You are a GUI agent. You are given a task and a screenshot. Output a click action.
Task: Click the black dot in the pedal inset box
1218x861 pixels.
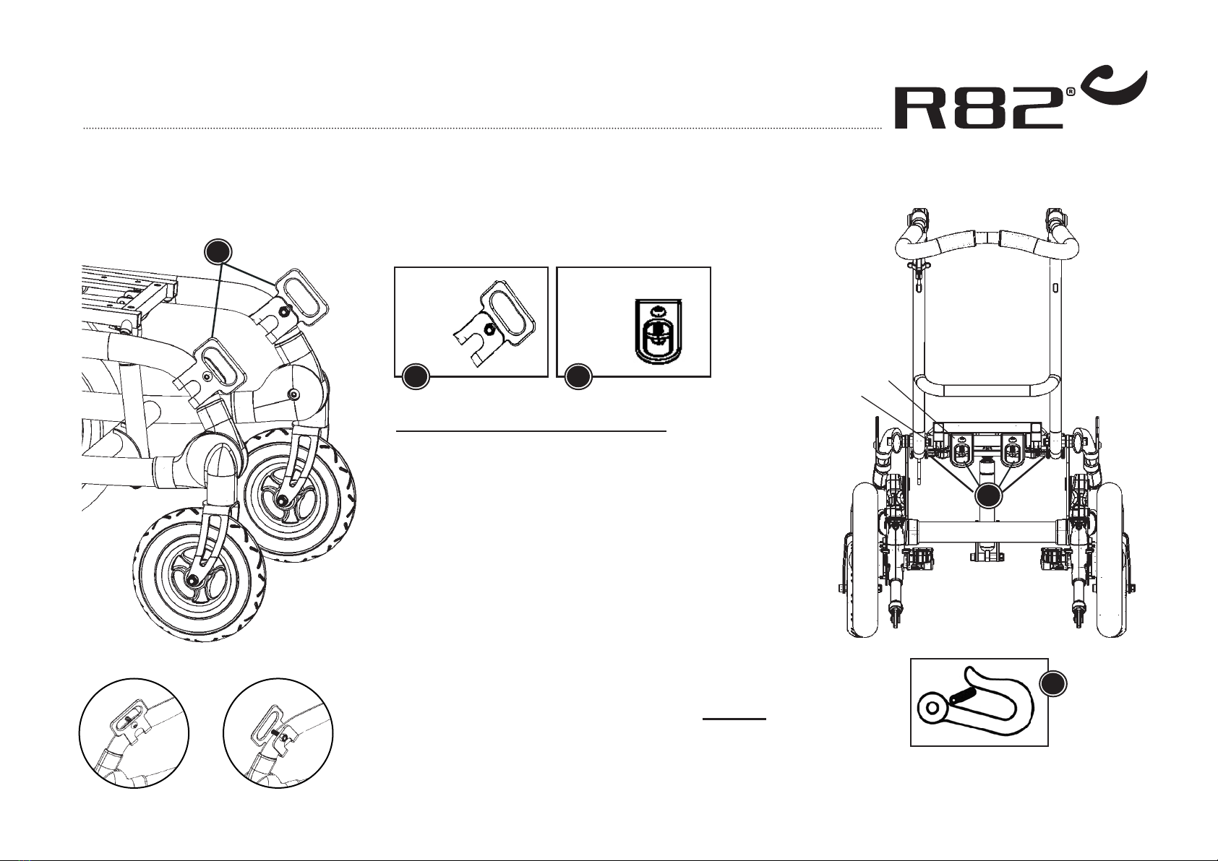(415, 376)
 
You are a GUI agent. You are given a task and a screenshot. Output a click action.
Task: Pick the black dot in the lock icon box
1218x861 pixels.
(578, 376)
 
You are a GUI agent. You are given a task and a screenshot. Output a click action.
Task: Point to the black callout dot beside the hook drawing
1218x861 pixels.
(1054, 684)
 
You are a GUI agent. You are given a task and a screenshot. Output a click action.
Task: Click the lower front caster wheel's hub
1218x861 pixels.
(193, 579)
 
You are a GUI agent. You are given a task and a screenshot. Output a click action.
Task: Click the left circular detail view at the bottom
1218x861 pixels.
(134, 733)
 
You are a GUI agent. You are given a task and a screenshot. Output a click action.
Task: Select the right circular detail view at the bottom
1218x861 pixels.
(278, 733)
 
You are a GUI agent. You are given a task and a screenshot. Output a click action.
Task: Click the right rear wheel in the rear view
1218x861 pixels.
(1110, 560)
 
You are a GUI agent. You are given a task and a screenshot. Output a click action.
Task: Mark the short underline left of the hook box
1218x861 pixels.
(734, 719)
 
